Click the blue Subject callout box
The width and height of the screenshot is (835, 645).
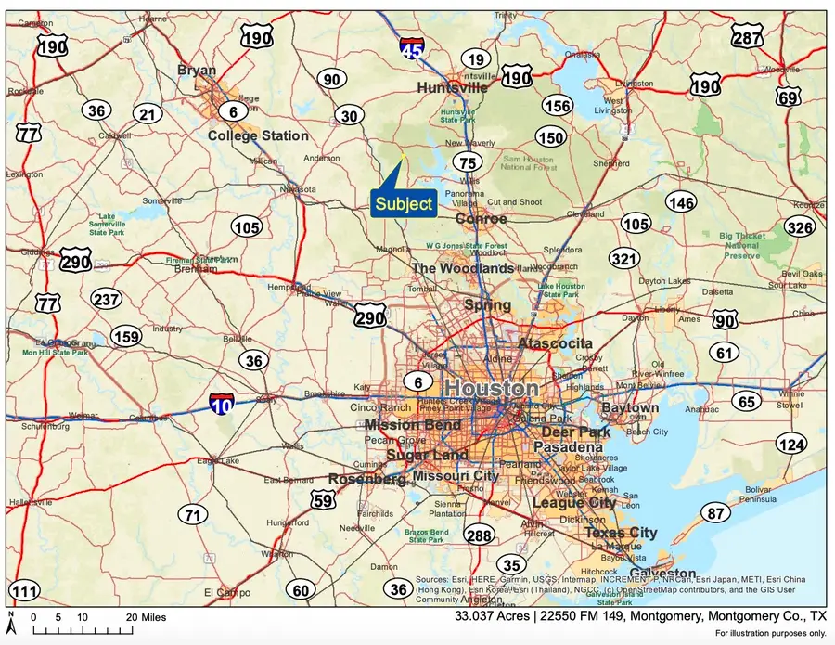coord(404,203)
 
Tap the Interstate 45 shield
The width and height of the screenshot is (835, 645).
coord(413,46)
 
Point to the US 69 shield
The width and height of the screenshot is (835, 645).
coord(789,97)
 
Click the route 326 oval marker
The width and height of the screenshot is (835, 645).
coord(799,227)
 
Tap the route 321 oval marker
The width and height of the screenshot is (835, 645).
coord(624,259)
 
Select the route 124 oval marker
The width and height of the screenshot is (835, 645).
coord(791,445)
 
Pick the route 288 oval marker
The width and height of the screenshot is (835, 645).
coord(480,535)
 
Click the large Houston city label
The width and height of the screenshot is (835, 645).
coord(491,388)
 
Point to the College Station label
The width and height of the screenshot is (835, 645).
coord(258,135)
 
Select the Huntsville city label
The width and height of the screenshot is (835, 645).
coord(452,87)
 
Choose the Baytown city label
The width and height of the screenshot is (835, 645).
coord(630,407)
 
